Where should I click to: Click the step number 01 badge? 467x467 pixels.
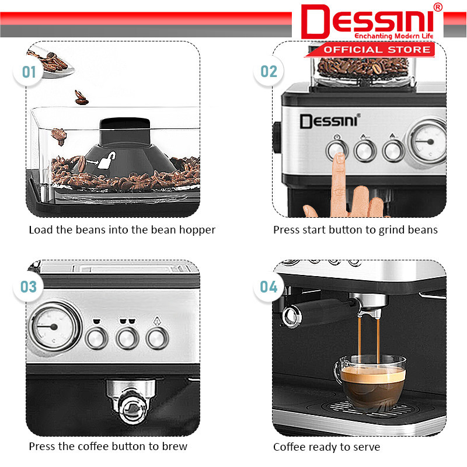[x=28, y=72]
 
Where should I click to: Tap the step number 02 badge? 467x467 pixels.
[x=269, y=71]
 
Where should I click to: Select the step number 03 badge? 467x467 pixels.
[x=28, y=287]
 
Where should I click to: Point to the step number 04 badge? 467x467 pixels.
[x=269, y=287]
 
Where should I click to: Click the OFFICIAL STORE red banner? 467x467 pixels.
[x=370, y=50]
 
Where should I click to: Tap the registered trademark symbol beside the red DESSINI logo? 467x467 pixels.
[x=438, y=8]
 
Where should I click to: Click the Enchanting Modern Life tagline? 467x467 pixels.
[x=393, y=36]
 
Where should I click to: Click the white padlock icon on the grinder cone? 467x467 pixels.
[x=107, y=160]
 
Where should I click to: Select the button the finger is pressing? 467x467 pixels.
[x=337, y=150]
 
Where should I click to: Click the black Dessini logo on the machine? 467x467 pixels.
[x=330, y=121]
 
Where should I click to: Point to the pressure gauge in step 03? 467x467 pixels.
[x=54, y=327]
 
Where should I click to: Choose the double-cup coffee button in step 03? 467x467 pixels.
[x=127, y=338]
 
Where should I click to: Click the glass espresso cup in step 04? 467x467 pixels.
[x=370, y=381]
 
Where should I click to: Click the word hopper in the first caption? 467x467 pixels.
[x=197, y=231]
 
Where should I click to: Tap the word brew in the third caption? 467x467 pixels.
[x=175, y=447]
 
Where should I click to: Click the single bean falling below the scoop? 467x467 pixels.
[x=81, y=97]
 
